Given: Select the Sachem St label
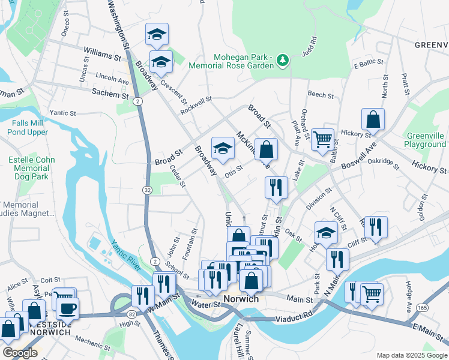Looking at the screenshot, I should click(110, 94).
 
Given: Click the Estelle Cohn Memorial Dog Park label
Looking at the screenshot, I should click(31, 169).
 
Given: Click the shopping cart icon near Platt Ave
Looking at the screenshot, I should click(323, 139).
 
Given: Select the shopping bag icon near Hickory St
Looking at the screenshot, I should click(373, 119).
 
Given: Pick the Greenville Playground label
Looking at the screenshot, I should click(425, 140).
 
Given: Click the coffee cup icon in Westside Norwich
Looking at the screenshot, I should click(67, 308).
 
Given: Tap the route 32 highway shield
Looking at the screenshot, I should click(146, 190).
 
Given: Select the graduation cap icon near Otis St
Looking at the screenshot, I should click(223, 148).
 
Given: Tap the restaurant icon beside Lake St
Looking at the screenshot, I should click(276, 187).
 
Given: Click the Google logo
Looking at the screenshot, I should click(20, 353).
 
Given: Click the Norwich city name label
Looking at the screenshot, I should click(241, 299).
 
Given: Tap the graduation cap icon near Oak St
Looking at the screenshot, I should click(326, 233).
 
